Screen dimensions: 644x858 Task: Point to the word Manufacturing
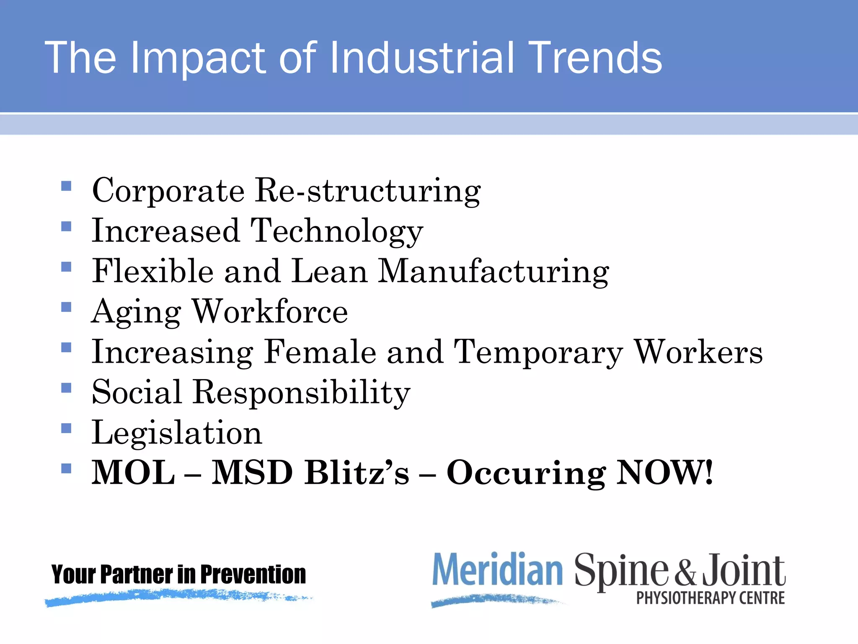point(493,272)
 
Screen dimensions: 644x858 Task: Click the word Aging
point(136,312)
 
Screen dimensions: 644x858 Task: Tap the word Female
point(320,352)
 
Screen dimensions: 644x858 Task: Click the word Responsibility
point(301,393)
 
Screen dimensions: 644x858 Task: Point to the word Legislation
point(177,433)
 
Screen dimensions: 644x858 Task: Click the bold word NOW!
point(665,473)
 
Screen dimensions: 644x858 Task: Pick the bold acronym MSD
point(252,473)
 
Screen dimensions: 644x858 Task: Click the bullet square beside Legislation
point(66,428)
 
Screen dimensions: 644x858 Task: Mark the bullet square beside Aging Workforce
point(66,307)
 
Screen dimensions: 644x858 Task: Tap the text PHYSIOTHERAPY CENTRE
point(711,598)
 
